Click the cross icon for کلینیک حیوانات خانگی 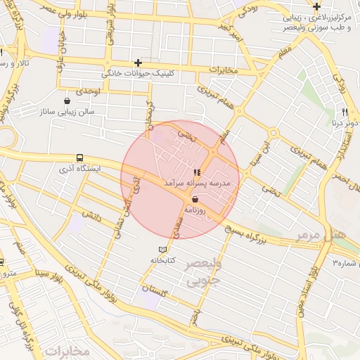pyautogui.click(x=138, y=63)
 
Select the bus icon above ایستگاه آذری pyautogui.click(x=79, y=158)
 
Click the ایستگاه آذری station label pyautogui.click(x=79, y=169)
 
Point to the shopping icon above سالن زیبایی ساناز pyautogui.click(x=67, y=101)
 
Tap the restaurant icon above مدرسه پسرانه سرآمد pyautogui.click(x=197, y=172)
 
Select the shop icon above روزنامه pyautogui.click(x=195, y=199)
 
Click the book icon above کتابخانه pyautogui.click(x=164, y=250)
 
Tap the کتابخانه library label pyautogui.click(x=161, y=260)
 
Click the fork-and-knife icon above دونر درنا pyautogui.click(x=345, y=112)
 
